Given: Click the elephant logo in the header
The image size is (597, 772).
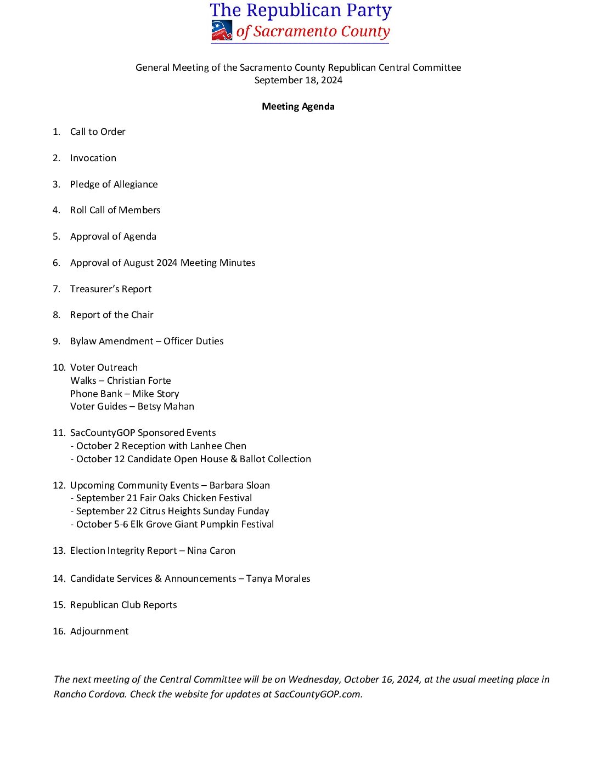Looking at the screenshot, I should (x=222, y=31).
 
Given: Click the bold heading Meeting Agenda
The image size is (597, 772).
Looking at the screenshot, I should (x=298, y=106).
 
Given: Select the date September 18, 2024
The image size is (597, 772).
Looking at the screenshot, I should (x=298, y=80).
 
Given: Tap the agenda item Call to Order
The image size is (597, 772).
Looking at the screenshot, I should (x=98, y=132).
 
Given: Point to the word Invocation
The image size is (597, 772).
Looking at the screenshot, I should (x=93, y=158).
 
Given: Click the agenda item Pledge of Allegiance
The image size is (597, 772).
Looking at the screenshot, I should (x=114, y=184).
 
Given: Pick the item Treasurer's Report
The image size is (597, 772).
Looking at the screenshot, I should (x=111, y=289).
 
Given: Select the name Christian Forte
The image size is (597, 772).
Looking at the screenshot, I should (x=139, y=381).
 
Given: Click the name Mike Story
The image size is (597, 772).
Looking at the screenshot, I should (x=155, y=394).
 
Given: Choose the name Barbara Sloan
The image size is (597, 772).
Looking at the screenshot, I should (x=239, y=485).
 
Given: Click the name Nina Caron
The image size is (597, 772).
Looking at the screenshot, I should (x=211, y=550).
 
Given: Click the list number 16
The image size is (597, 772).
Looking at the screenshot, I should (x=59, y=631).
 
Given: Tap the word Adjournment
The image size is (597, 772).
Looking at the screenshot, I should (x=99, y=631).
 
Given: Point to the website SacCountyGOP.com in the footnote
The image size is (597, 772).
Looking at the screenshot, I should (x=318, y=694).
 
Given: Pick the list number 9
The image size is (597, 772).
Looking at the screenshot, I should (x=57, y=341).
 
